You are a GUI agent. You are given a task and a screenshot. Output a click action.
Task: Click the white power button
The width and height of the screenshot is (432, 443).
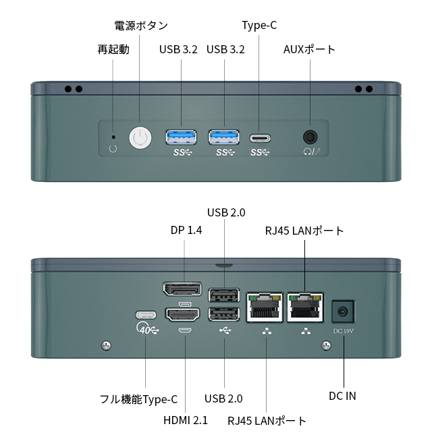(x=140, y=138)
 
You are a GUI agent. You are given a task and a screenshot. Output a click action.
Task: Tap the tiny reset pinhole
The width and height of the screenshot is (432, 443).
(x=113, y=137)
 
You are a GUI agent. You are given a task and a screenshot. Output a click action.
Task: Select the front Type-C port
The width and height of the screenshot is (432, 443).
(x=260, y=138)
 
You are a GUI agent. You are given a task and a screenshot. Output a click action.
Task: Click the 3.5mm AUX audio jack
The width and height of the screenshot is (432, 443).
(x=310, y=138)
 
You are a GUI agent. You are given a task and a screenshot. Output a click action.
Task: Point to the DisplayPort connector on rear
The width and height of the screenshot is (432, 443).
(x=182, y=289)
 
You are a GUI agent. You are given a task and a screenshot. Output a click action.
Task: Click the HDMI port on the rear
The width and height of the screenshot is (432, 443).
(x=182, y=314)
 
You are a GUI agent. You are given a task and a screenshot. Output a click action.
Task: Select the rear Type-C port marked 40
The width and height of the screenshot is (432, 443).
(x=146, y=315)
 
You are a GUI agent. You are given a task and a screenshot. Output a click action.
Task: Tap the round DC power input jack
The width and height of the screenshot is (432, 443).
(x=343, y=312)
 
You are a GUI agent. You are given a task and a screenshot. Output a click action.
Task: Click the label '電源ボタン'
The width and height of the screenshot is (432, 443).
(x=141, y=26)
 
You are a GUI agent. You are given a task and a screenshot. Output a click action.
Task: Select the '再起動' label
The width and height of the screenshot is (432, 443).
(x=113, y=49)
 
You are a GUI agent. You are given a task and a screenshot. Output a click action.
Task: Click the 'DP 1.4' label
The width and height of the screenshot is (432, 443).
(x=186, y=230)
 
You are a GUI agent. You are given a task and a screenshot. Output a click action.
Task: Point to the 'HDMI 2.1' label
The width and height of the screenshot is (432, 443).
(x=186, y=420)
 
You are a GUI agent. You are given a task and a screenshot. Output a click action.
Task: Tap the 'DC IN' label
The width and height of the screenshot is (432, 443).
(x=342, y=396)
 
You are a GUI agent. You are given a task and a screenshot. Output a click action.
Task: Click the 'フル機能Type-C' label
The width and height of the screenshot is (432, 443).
(x=138, y=399)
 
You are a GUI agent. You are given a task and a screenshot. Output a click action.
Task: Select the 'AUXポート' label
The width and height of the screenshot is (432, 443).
(x=309, y=49)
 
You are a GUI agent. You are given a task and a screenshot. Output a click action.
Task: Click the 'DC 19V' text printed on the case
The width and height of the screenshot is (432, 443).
(x=343, y=331)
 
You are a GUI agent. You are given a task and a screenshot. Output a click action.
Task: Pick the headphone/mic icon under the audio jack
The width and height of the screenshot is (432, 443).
(x=312, y=152)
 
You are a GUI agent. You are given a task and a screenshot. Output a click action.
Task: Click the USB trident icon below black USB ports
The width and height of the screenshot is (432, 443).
(x=225, y=330)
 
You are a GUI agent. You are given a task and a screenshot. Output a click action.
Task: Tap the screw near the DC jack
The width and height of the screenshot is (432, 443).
(x=326, y=345)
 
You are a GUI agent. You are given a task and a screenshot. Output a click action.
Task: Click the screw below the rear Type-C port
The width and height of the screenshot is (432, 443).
(x=106, y=345)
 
